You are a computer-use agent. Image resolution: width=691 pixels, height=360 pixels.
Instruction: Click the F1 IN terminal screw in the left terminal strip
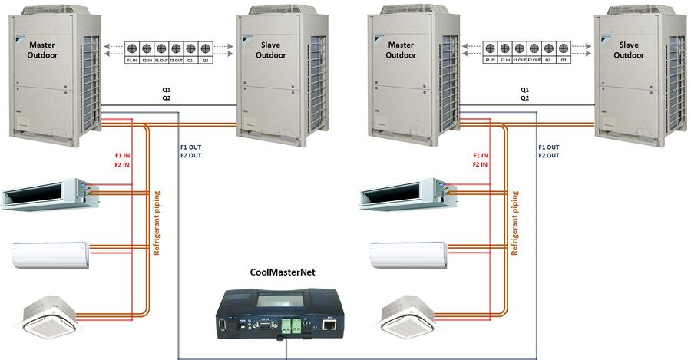point(133,47)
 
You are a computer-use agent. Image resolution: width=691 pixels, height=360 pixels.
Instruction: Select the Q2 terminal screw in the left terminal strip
point(205,47)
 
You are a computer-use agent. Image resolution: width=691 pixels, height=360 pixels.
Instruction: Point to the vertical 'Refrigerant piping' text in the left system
point(157,223)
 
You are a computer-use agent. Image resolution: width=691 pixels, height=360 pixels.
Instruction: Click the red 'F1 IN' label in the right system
point(481,154)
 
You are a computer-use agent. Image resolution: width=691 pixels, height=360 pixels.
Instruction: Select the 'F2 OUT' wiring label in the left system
point(192,156)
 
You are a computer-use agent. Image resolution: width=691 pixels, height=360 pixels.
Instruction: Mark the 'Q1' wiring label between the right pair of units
point(524,89)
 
